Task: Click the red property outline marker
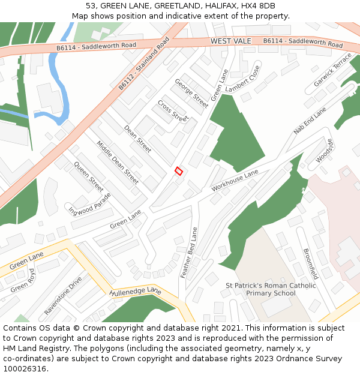(x=178, y=171)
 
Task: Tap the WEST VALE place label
(x=231, y=41)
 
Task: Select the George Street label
(x=191, y=93)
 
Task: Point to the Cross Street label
(x=173, y=110)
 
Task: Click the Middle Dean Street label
(x=118, y=163)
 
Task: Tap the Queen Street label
(x=89, y=176)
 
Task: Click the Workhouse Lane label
(x=235, y=181)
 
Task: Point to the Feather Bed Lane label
(x=189, y=252)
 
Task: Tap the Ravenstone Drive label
(x=63, y=296)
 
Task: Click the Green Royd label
(x=23, y=280)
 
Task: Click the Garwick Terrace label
(x=334, y=69)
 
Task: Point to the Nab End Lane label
(x=310, y=121)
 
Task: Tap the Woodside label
(x=324, y=151)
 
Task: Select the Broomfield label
(x=310, y=264)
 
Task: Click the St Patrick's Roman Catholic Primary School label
(x=271, y=289)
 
